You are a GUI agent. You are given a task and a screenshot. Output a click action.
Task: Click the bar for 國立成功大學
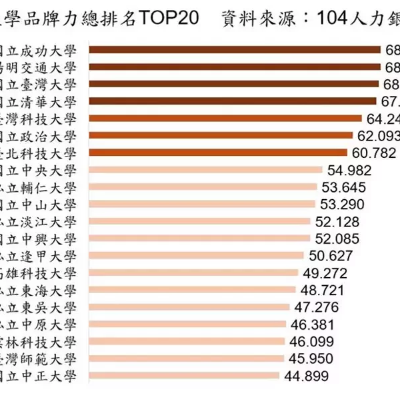tap(233, 49)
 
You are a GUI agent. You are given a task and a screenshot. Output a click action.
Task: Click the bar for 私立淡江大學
tap(199, 222)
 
